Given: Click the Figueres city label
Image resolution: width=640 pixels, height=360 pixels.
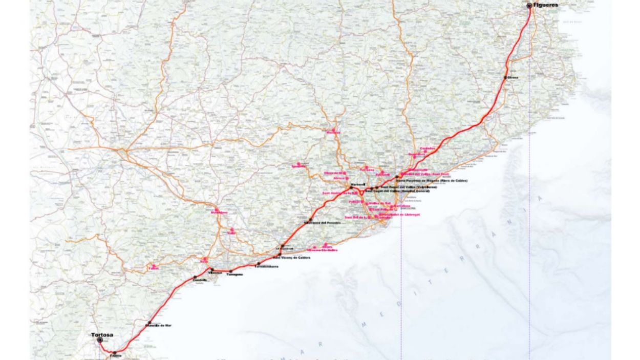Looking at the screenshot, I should pos(545,5).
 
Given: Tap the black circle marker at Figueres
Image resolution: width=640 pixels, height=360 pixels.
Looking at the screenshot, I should pos(529,6).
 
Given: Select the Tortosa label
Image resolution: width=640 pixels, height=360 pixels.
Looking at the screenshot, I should pos(102,335).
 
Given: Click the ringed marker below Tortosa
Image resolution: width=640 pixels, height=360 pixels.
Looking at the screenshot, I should pos(100,340).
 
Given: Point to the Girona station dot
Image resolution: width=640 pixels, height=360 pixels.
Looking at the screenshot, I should pos(505,77).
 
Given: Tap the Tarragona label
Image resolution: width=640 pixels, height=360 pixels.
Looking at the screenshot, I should pos(234,274).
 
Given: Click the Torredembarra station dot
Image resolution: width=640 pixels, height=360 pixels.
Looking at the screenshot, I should pos(259,264).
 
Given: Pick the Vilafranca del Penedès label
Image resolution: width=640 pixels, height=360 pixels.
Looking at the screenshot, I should pos(323,223).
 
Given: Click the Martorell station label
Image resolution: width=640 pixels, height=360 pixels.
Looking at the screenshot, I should pos(357,184).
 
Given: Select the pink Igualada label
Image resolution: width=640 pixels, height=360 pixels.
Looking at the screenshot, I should pos(298,166).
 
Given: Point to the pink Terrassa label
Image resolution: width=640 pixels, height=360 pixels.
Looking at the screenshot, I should pos(367,170).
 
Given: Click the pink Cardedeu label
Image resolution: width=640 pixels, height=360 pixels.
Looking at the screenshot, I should pos(427,149).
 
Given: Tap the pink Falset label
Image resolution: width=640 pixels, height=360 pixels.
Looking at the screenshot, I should pos(154,268).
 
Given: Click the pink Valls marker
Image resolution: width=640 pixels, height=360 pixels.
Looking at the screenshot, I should pos(232,229).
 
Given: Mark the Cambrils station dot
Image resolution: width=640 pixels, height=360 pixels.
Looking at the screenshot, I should pos(195,277).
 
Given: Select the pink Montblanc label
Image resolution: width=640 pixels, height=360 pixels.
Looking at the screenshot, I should pos(219,212).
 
